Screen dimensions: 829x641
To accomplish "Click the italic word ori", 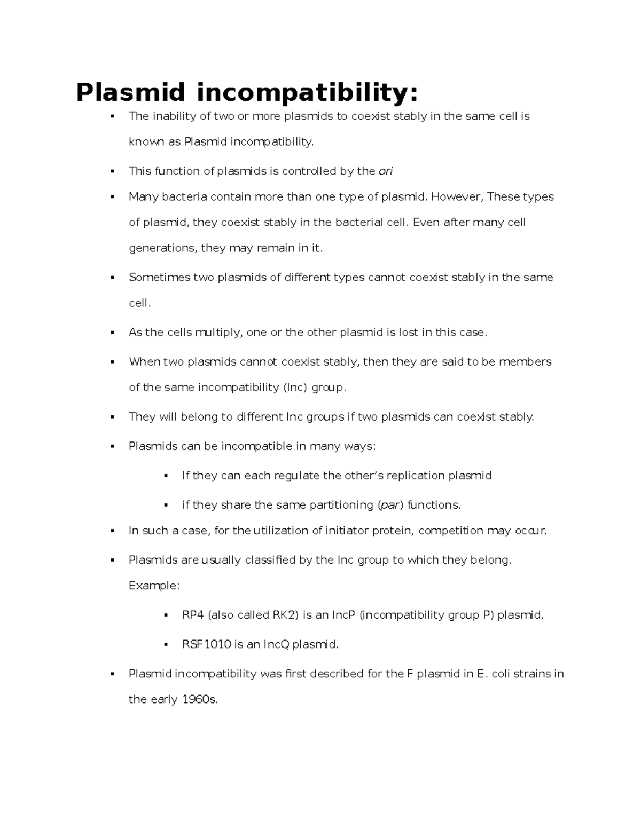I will tap(385, 171).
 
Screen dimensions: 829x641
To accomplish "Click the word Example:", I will tap(154, 586).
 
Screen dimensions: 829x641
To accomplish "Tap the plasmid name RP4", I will tap(193, 615).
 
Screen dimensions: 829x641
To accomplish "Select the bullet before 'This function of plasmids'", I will tap(112, 171).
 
